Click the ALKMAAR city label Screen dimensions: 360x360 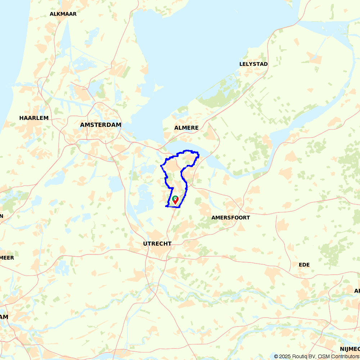point(63,14)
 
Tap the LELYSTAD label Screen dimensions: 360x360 point(253,64)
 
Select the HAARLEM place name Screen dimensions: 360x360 point(34,118)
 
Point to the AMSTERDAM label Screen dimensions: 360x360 point(101,125)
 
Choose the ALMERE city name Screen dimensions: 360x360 point(186,128)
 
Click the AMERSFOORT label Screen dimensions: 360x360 point(230,217)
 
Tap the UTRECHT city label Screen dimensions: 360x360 point(157,244)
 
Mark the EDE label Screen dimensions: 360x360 point(304,265)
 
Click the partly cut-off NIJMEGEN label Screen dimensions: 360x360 point(350,349)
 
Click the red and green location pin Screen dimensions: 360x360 point(175,200)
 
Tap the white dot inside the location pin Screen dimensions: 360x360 point(175,198)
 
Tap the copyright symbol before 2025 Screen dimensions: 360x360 point(276,356)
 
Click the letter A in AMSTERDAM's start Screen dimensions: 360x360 point(82,125)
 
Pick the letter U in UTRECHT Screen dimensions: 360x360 point(145,244)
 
